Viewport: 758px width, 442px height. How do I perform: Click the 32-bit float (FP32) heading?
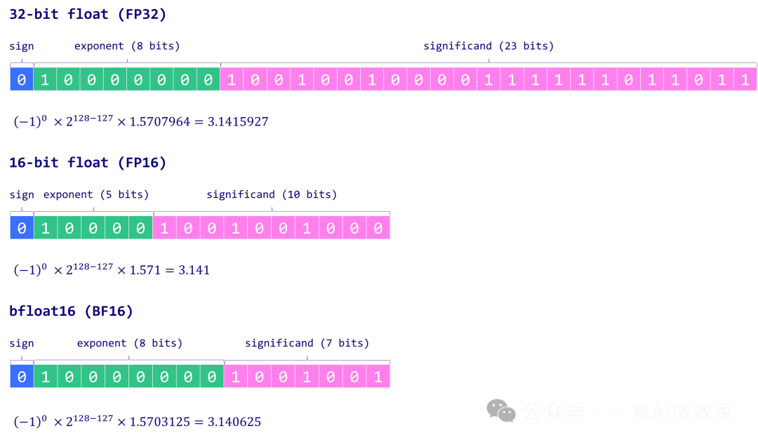click(88, 14)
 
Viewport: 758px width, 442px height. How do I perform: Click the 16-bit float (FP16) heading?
click(88, 163)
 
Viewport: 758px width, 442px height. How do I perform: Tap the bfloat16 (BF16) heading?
click(71, 311)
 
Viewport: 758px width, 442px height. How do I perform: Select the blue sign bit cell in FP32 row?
click(22, 80)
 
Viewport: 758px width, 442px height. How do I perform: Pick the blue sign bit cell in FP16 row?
click(22, 228)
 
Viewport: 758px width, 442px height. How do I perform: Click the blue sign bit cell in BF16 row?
click(22, 377)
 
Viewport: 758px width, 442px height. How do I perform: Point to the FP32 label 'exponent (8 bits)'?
click(127, 46)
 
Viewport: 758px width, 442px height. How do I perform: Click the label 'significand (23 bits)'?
click(488, 46)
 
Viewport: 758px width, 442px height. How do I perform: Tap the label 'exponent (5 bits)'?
click(96, 194)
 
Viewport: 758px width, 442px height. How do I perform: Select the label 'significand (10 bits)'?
click(272, 194)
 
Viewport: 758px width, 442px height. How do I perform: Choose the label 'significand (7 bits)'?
click(307, 343)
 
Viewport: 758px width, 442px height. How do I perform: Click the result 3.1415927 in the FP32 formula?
click(238, 122)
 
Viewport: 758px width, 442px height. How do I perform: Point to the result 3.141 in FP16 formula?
click(194, 270)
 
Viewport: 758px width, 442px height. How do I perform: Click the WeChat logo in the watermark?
click(501, 411)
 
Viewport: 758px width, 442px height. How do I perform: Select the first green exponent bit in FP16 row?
click(46, 228)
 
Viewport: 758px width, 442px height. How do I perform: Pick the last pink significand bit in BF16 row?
click(378, 377)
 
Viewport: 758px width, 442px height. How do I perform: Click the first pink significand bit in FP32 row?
click(232, 80)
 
